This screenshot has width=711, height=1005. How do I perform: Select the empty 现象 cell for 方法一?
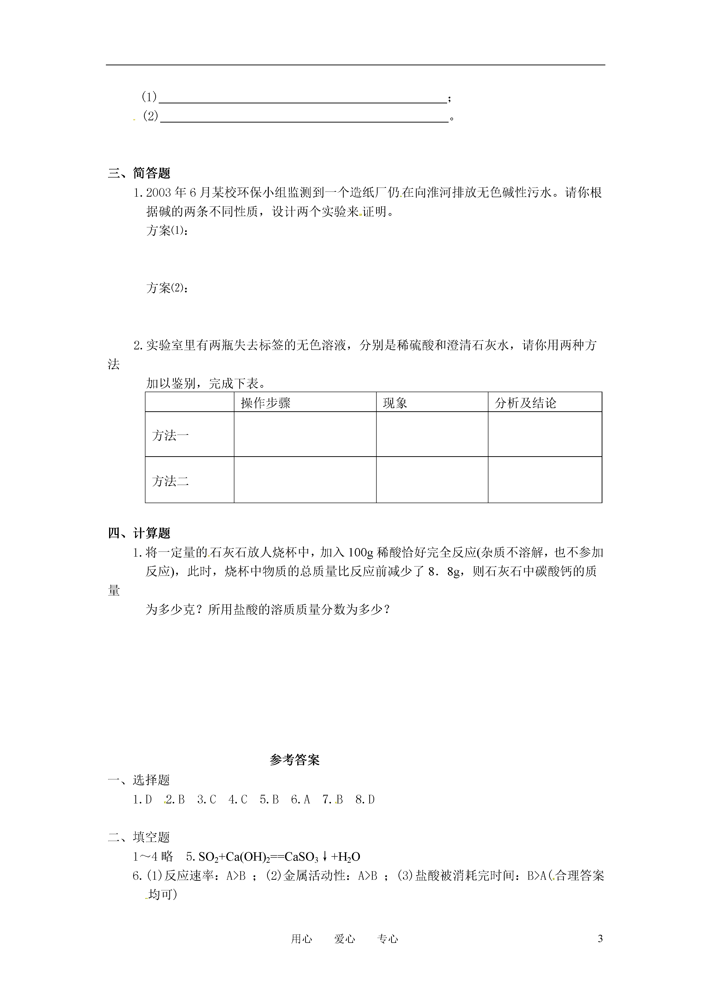pyautogui.click(x=432, y=434)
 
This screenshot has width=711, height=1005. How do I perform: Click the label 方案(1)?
pyautogui.click(x=167, y=231)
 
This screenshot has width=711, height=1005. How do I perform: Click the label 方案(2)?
pyautogui.click(x=167, y=288)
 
